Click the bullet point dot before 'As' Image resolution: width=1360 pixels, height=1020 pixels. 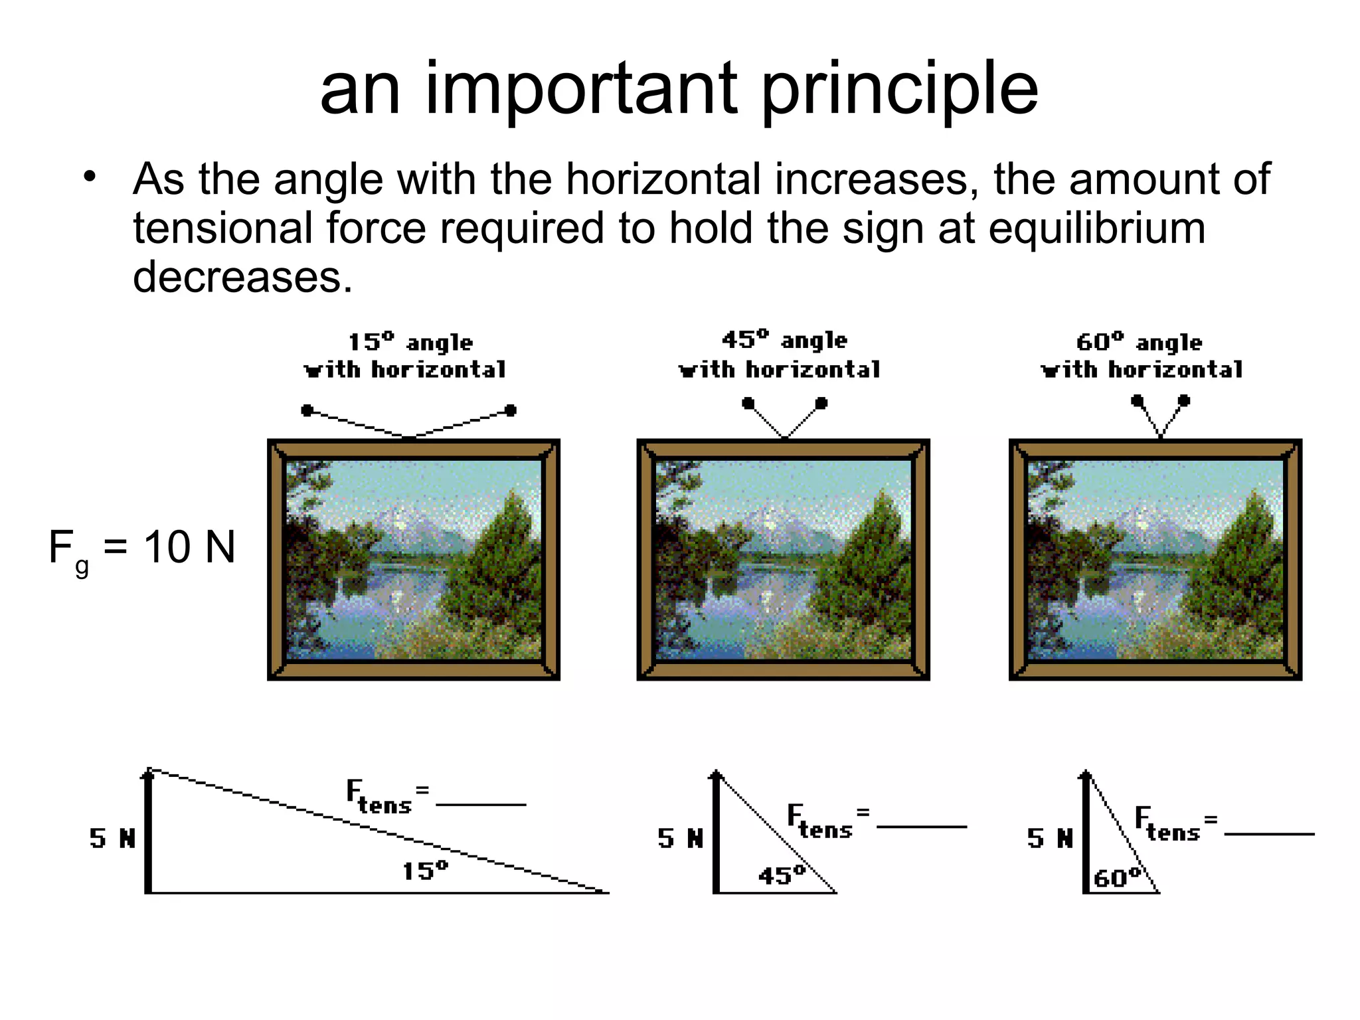pyautogui.click(x=90, y=177)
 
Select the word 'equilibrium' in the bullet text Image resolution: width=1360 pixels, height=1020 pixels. pyautogui.click(x=1096, y=228)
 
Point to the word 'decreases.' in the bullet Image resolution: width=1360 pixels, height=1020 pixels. pyautogui.click(x=242, y=276)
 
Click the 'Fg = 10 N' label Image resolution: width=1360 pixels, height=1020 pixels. pyautogui.click(x=142, y=549)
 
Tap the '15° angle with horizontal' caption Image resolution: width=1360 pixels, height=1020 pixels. pyautogui.click(x=406, y=356)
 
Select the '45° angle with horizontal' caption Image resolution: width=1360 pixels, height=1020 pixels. pyautogui.click(x=780, y=355)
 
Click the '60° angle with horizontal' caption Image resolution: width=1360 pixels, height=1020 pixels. pyautogui.click(x=1142, y=356)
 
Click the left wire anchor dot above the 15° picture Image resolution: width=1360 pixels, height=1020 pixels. pyautogui.click(x=307, y=410)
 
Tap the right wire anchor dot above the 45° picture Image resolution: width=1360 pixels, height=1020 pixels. pyautogui.click(x=821, y=403)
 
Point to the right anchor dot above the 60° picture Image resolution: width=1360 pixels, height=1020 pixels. pyautogui.click(x=1184, y=400)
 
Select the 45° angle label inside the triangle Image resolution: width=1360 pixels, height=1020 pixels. pyautogui.click(x=782, y=875)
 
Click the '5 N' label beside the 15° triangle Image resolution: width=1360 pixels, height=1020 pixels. pyautogui.click(x=112, y=839)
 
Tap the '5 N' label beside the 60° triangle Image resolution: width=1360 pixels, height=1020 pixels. pyautogui.click(x=1050, y=839)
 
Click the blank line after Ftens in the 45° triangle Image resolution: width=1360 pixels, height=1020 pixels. pyautogui.click(x=922, y=827)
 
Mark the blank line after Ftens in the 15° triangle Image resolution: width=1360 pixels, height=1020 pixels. pyautogui.click(x=481, y=805)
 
